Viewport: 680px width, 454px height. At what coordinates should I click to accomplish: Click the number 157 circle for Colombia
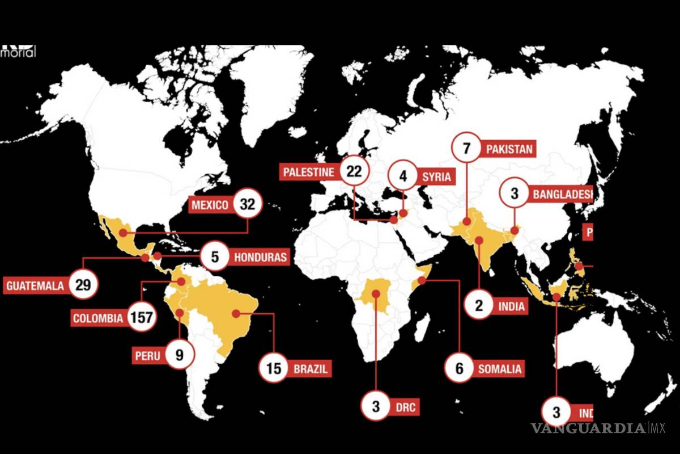(x=141, y=318)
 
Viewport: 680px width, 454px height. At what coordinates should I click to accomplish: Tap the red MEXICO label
(x=209, y=205)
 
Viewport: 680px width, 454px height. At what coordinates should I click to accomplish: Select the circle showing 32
(x=248, y=204)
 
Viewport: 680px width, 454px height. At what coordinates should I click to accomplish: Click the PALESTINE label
(x=309, y=171)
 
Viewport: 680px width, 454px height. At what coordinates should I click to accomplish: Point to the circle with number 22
(x=354, y=171)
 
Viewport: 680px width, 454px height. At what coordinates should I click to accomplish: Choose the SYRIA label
(x=436, y=176)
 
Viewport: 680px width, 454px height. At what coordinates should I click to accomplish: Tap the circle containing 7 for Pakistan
(x=466, y=149)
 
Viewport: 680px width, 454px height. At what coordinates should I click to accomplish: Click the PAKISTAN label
(x=509, y=149)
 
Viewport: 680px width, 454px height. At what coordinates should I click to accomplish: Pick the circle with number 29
(x=83, y=285)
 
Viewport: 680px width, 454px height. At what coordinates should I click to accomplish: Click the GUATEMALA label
(x=35, y=285)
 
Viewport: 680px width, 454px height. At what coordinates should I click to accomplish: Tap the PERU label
(x=147, y=356)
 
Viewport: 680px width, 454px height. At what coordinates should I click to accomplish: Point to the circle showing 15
(x=274, y=369)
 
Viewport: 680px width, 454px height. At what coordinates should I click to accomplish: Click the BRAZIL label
(x=310, y=369)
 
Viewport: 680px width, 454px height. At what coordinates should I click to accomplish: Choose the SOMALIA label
(x=499, y=369)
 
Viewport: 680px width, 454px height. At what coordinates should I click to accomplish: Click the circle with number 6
(x=460, y=369)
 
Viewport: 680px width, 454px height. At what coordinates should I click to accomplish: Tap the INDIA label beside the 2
(x=512, y=307)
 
